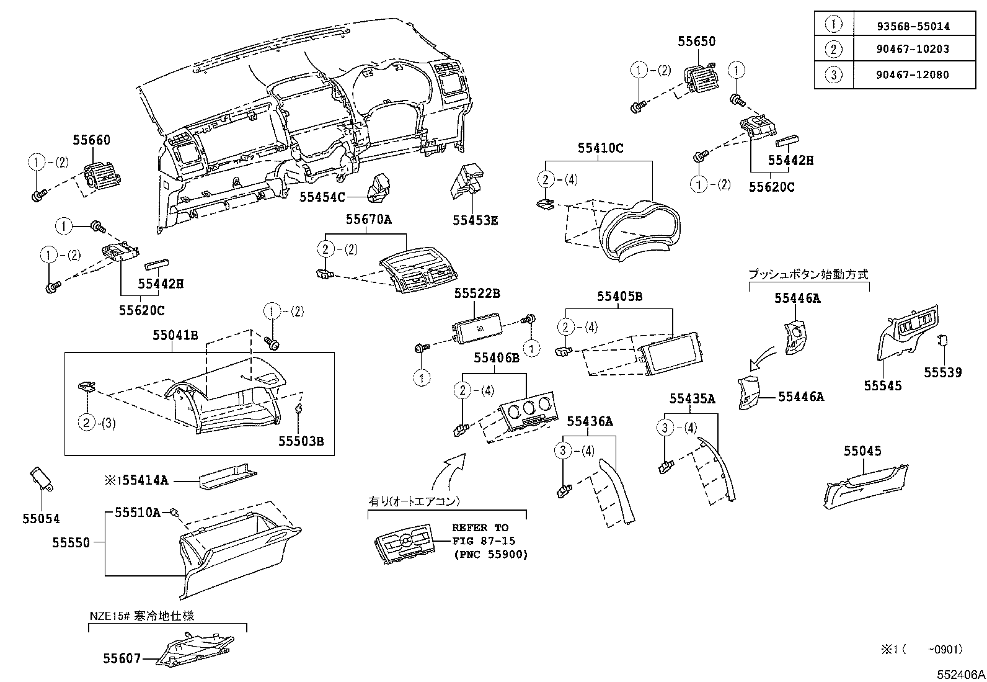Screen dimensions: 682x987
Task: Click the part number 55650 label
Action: coord(696,42)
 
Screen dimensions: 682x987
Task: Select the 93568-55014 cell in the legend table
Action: coord(913,26)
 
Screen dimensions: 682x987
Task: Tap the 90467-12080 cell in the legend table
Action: coord(913,75)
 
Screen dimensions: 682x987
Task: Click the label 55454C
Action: coord(321,197)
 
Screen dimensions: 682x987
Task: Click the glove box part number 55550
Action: coord(71,542)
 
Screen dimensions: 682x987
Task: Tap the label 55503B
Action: coord(301,441)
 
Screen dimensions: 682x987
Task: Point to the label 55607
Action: coord(122,658)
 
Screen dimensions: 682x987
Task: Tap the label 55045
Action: coord(862,451)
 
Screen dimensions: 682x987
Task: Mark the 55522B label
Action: coord(477,294)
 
